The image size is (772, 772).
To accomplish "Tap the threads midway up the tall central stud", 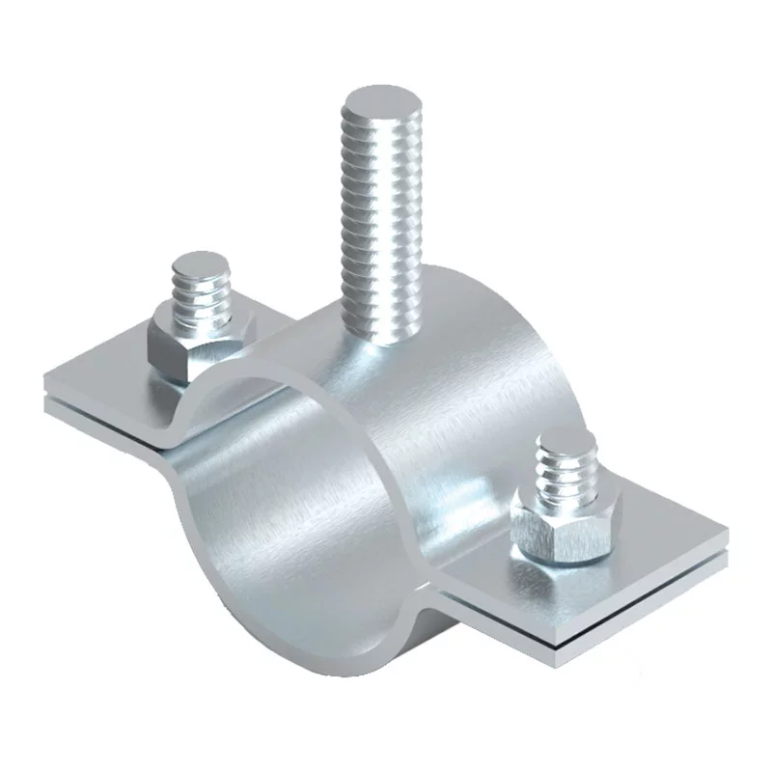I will (380, 212).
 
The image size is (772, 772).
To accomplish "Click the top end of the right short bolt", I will (565, 444).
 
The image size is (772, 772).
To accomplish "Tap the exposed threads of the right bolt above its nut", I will (565, 473).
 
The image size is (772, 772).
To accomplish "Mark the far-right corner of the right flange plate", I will (726, 531).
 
